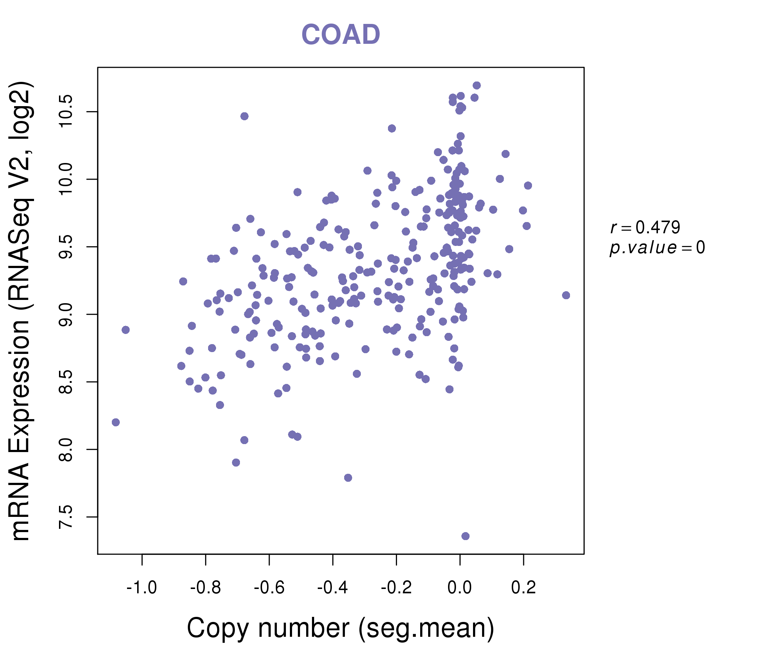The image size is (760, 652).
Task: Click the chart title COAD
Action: tap(341, 35)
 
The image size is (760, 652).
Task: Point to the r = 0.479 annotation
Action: tap(645, 227)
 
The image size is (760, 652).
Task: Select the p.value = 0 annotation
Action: tap(657, 248)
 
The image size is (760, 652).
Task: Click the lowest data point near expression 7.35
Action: tap(465, 536)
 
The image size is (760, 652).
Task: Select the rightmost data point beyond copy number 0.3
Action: tap(566, 295)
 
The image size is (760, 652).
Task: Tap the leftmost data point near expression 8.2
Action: tap(116, 422)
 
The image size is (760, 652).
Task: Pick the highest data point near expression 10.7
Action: tap(477, 85)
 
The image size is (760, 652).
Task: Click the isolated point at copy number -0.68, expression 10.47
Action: tap(245, 116)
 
